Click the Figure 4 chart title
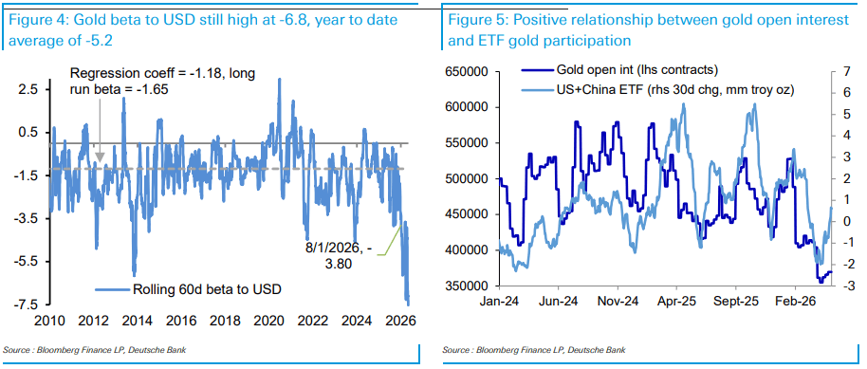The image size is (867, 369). [x=202, y=29]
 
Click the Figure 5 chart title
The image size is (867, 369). [x=648, y=29]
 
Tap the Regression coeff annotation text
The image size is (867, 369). [x=162, y=81]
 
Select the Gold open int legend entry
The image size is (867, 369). [x=618, y=69]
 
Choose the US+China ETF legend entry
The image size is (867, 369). [x=657, y=89]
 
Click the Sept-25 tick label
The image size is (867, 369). [x=735, y=304]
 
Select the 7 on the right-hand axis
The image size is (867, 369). [x=841, y=72]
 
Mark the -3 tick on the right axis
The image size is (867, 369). [x=839, y=286]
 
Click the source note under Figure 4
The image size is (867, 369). [x=94, y=350]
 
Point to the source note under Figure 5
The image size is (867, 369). [x=534, y=350]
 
